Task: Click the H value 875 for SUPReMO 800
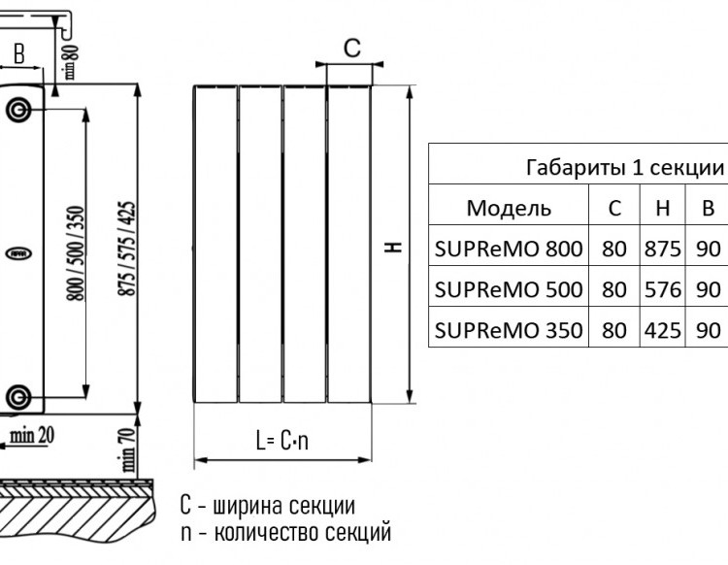(x=663, y=249)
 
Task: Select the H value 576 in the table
(x=663, y=289)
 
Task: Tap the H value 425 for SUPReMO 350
(x=663, y=330)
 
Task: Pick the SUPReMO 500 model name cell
(x=509, y=289)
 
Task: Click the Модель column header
(x=509, y=208)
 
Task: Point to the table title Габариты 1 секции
(x=625, y=167)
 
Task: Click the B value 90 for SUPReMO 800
(x=708, y=249)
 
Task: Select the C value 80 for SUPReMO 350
(x=614, y=330)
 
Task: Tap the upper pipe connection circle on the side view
(x=18, y=111)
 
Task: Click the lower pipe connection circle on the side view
(x=18, y=397)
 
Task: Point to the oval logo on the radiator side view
(x=18, y=253)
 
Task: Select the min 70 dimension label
(x=128, y=449)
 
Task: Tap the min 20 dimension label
(x=32, y=436)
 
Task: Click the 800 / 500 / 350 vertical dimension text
(x=77, y=253)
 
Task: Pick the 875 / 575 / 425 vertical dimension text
(x=127, y=249)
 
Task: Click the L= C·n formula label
(x=282, y=440)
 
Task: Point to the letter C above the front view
(x=352, y=48)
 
